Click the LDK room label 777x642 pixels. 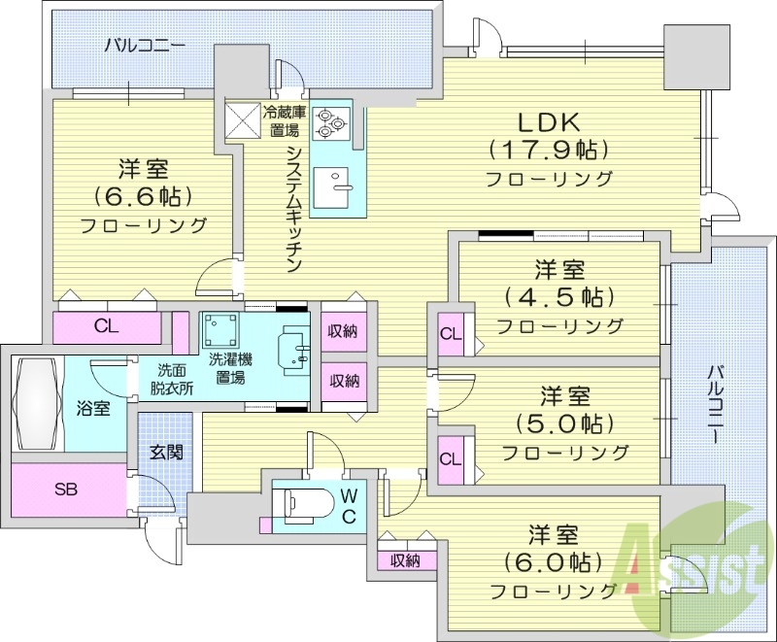[548, 122]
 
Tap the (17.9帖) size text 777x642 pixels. [548, 151]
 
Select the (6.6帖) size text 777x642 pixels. [143, 195]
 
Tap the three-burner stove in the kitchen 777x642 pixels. [331, 121]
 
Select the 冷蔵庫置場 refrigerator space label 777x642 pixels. [284, 119]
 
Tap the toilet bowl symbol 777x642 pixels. [300, 504]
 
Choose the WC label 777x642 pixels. [350, 505]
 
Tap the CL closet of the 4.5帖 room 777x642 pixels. [449, 334]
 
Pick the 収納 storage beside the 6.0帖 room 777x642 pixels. [405, 560]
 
